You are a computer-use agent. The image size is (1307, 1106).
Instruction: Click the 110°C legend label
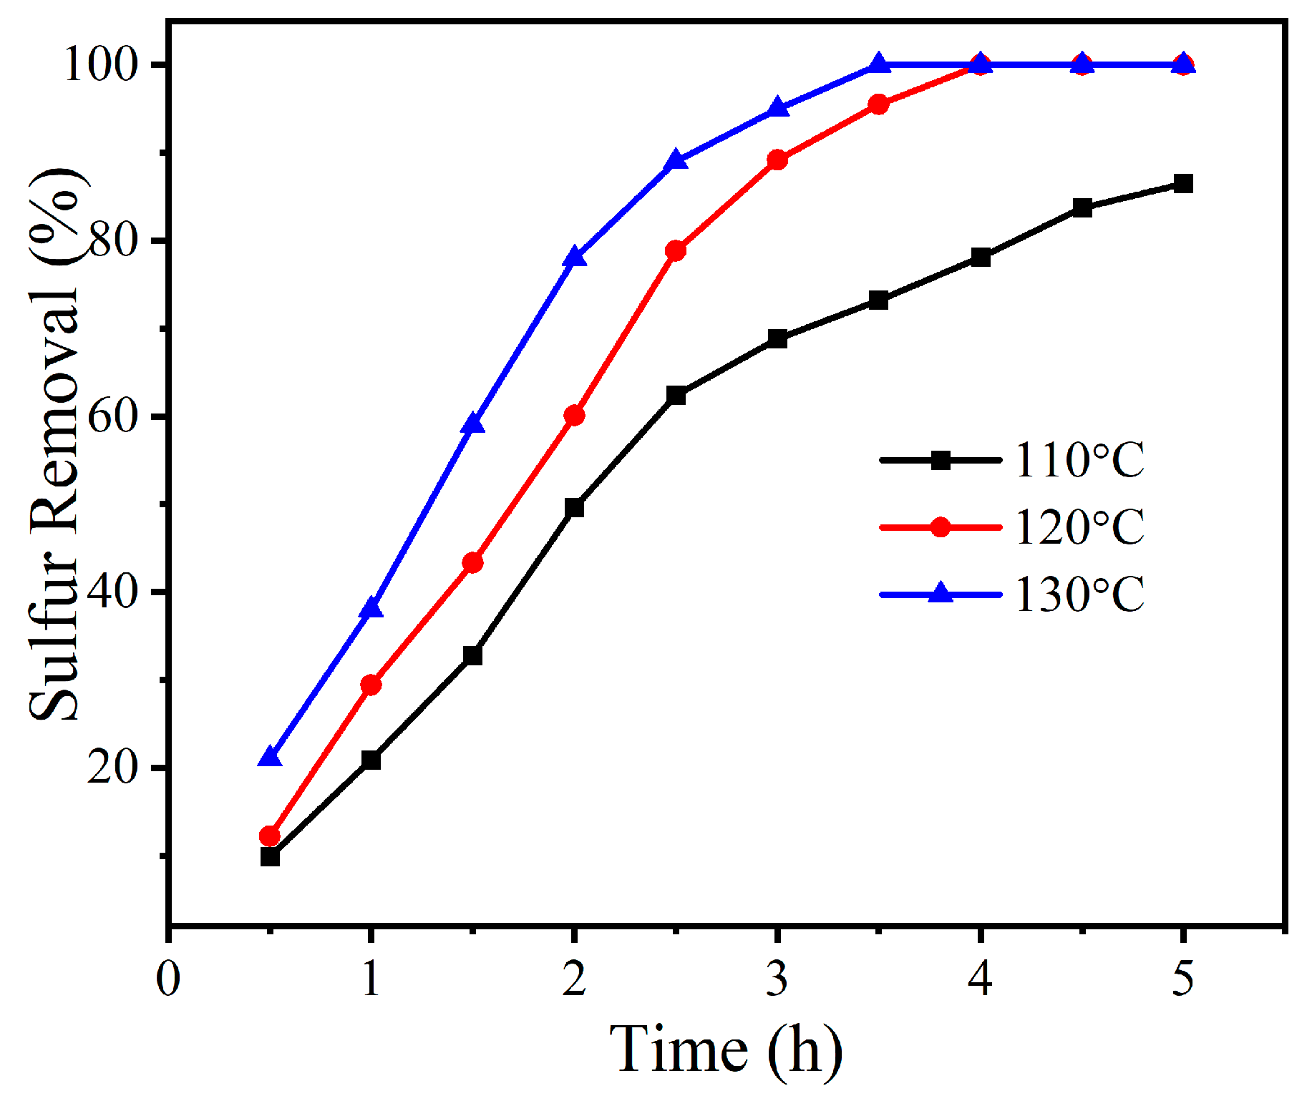coord(1079,460)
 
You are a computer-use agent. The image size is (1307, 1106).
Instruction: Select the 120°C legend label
coord(1079,527)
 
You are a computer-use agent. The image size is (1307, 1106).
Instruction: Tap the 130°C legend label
coord(1079,594)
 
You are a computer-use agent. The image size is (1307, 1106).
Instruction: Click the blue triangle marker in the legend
coord(941,593)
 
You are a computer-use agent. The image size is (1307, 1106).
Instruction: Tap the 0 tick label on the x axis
coord(168,979)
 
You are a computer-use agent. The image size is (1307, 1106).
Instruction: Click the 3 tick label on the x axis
coord(777,979)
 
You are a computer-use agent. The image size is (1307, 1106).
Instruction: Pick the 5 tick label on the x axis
coord(1183,979)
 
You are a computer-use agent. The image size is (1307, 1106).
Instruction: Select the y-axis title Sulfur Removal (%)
coord(56,444)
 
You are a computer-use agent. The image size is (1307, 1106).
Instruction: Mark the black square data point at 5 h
coord(1183,184)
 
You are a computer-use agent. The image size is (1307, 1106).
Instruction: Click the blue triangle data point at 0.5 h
coord(270,757)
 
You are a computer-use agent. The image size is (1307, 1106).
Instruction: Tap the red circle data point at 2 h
coord(574,416)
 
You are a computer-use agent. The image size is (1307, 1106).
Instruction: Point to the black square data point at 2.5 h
coord(676,395)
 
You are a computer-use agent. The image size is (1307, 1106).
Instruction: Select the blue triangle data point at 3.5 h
coord(879,64)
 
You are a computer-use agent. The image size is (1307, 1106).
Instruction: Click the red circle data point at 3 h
coord(777,160)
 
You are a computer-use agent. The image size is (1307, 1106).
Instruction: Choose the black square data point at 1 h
coord(371,760)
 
